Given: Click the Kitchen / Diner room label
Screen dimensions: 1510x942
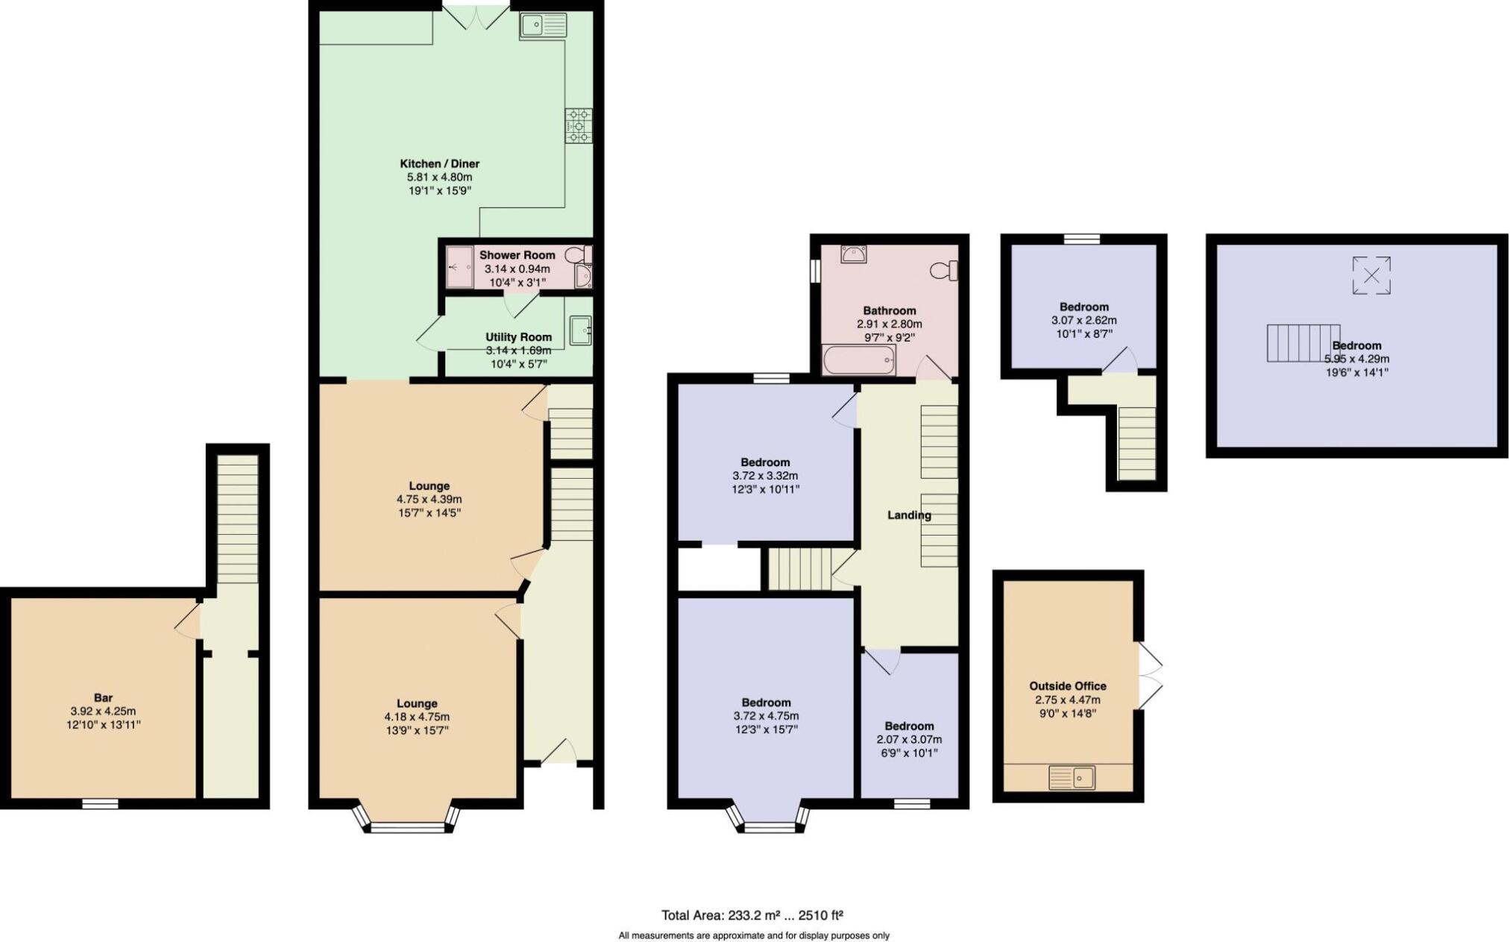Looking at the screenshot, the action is coord(439,163).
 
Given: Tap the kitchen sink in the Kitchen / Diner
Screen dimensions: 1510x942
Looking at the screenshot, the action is coord(544,26).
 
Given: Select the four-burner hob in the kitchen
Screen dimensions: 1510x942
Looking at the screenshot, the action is coord(579,125).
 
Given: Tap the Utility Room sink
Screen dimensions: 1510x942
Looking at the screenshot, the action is coord(581,330).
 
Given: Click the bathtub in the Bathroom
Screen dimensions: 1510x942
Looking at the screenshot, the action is coord(858,360).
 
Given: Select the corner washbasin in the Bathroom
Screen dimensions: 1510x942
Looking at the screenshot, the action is coord(853,254).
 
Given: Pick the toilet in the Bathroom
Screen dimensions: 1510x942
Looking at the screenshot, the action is coord(944,270).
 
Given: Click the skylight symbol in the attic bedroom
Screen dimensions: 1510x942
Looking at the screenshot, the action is coord(1371,275).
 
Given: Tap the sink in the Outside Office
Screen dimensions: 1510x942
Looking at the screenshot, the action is coord(1072,778).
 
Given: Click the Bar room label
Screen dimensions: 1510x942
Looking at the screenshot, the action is coord(103,698).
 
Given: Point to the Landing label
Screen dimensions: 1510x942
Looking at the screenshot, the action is coord(909,515).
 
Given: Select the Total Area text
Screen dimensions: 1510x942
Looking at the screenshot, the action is coord(752,915).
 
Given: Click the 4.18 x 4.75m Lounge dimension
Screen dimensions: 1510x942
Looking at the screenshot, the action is coord(417,717).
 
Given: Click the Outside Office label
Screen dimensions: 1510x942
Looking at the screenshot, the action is coord(1068,686).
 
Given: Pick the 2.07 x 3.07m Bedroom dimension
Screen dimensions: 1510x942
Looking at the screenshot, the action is coord(909,740).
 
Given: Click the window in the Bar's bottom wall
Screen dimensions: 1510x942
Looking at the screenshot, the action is coord(100,803).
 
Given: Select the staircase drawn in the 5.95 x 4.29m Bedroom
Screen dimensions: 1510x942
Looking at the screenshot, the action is coord(1303,343).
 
